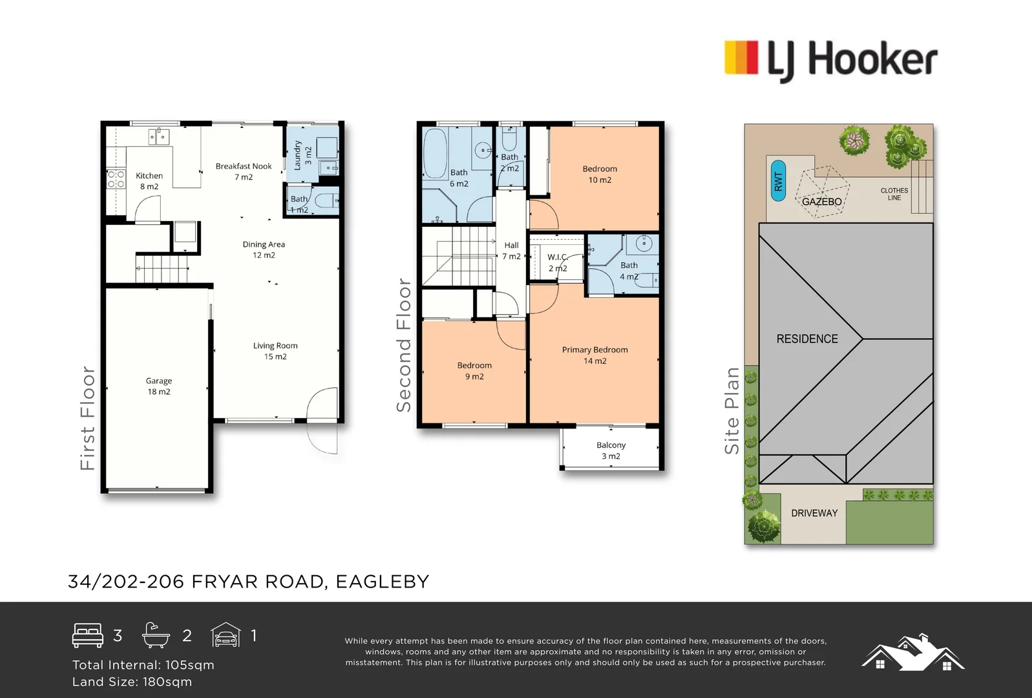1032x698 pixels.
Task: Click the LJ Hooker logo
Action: coord(831,59)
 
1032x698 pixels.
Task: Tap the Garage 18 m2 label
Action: coord(159,386)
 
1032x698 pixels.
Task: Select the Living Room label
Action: coord(275,351)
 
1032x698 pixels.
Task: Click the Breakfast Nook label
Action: coord(244,171)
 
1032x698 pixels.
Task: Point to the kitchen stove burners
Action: coord(116,179)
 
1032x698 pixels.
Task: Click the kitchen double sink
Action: coord(159,136)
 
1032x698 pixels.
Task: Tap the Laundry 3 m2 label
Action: coord(302,155)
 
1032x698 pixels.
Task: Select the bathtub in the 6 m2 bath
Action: coord(436,154)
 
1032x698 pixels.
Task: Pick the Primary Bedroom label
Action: coord(595,355)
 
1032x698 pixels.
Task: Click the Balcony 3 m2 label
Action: coord(611,450)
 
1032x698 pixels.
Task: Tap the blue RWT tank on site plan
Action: coord(778,181)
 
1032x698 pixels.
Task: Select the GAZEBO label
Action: coord(821,202)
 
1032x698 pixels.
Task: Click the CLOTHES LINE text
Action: coord(894,194)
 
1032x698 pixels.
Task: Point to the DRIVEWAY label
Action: coord(814,513)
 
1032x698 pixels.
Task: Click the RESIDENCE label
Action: coord(807,339)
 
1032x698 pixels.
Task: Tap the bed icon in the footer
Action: coord(88,635)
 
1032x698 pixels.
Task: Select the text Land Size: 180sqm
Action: coord(132,682)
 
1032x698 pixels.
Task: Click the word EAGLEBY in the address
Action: coord(383,582)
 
